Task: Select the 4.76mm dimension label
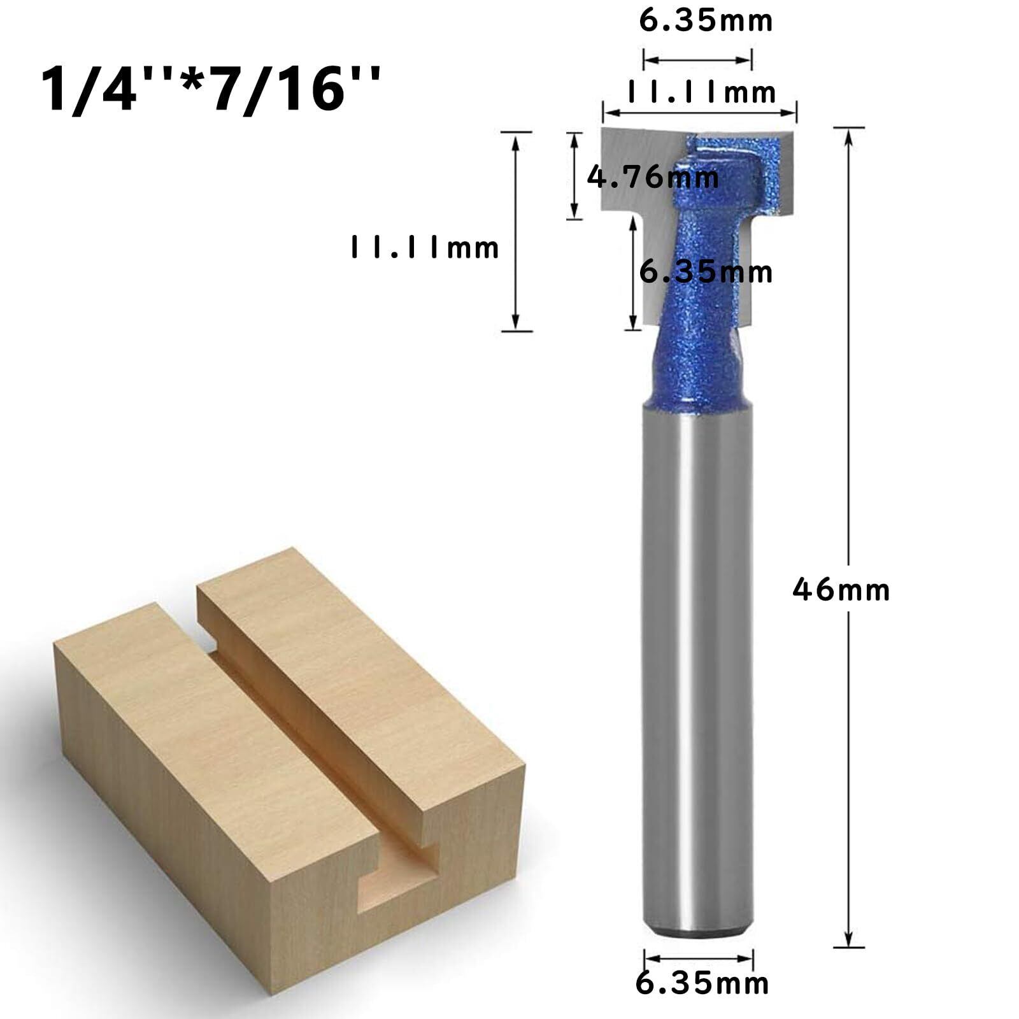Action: coord(653,176)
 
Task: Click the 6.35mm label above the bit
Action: coord(706,21)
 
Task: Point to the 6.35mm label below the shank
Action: coord(702,1001)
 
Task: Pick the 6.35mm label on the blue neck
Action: coord(706,272)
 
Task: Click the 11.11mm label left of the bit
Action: coord(425,247)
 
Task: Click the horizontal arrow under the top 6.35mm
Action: coord(697,61)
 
